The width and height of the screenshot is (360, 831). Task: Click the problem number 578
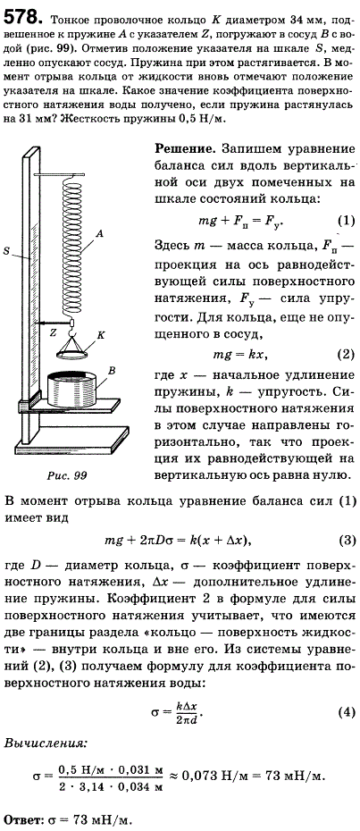(x=22, y=18)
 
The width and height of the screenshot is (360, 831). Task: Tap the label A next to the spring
(x=99, y=231)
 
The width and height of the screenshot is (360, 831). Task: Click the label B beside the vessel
(x=113, y=372)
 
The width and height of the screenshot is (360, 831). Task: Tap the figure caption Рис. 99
(x=66, y=475)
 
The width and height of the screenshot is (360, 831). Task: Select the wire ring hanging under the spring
(x=73, y=353)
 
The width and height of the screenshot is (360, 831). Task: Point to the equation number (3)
(x=346, y=540)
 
